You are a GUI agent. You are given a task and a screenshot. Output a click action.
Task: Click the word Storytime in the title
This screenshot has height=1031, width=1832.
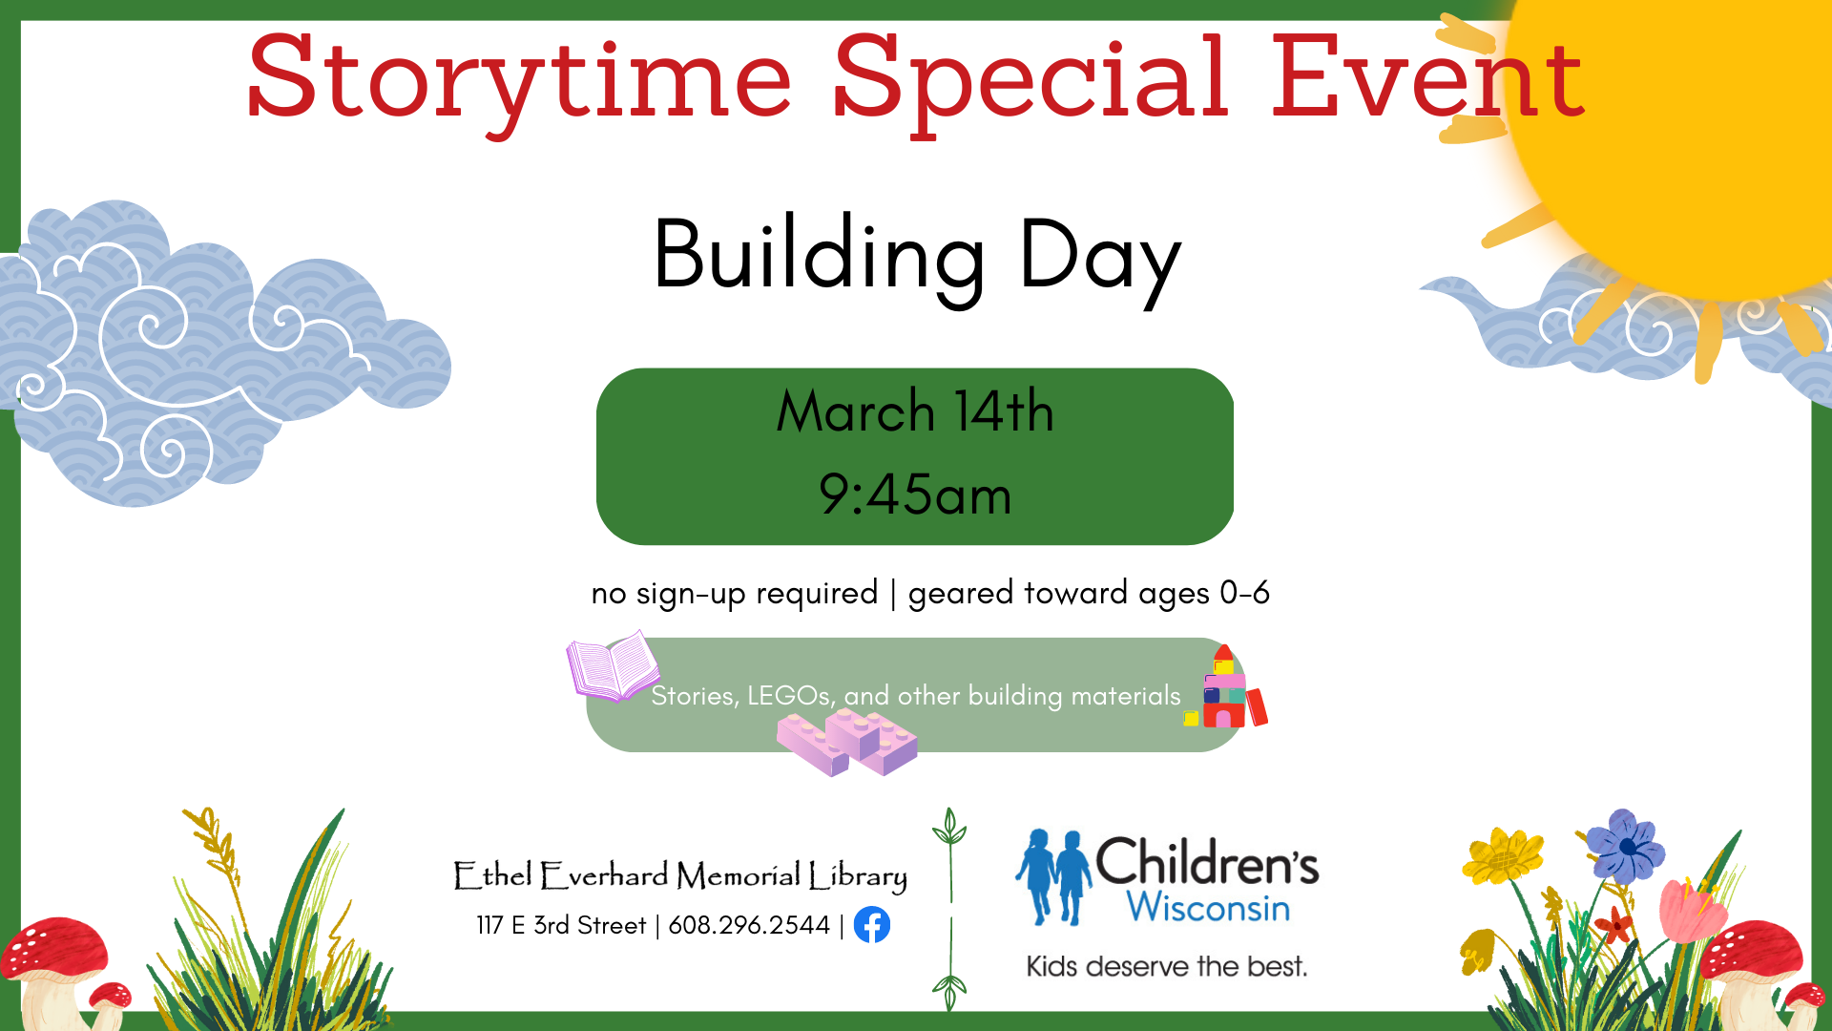click(x=519, y=81)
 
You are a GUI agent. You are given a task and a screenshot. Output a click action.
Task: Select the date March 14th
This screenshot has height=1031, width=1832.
click(x=915, y=411)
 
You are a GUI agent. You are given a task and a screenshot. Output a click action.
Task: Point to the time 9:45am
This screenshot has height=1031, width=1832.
click(x=915, y=494)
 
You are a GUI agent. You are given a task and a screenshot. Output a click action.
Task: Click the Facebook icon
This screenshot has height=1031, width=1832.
click(x=872, y=925)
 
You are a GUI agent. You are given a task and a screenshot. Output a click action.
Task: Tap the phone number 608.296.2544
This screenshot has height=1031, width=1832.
click(x=749, y=925)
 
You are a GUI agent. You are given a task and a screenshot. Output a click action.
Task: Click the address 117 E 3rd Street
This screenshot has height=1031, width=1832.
click(x=561, y=925)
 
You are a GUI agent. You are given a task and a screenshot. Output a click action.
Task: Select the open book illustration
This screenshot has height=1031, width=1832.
click(x=613, y=665)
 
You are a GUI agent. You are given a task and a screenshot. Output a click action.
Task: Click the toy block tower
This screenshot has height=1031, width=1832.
click(x=1226, y=687)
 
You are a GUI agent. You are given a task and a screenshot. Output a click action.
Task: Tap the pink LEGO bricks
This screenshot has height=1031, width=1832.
click(x=847, y=743)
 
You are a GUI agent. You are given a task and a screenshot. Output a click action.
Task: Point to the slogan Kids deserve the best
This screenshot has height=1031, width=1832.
click(x=1167, y=967)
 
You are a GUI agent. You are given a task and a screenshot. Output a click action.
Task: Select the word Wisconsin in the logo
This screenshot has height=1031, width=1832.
click(x=1208, y=907)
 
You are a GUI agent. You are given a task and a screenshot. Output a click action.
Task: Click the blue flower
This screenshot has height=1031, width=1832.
click(x=1626, y=846)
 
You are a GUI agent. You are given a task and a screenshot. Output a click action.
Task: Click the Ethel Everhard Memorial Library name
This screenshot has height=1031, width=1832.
click(x=680, y=875)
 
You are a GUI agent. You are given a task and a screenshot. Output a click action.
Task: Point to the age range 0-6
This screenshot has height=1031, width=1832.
click(x=1245, y=593)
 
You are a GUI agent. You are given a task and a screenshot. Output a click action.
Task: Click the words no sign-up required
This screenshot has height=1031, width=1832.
click(x=735, y=594)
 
